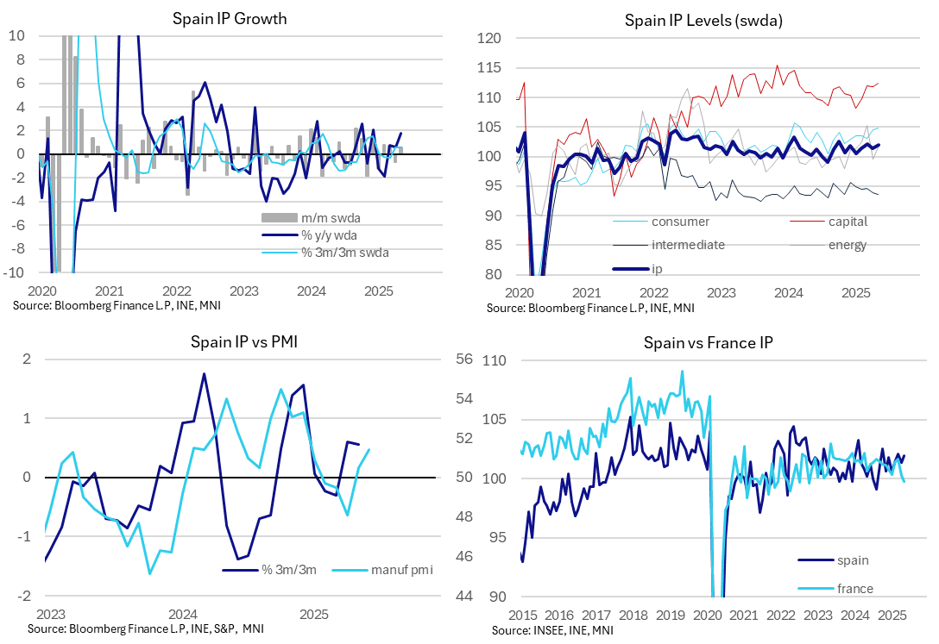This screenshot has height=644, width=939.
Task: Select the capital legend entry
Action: tap(848, 222)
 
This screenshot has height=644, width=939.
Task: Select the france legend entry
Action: tap(855, 589)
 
